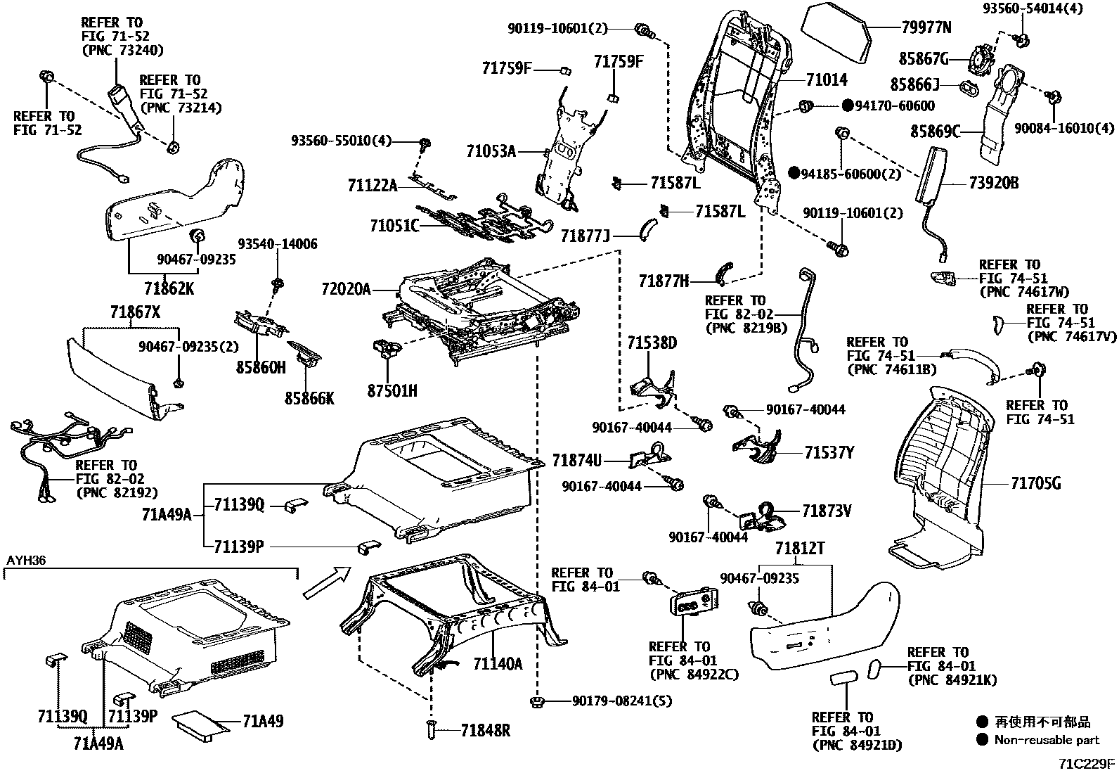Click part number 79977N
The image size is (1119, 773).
(x=926, y=28)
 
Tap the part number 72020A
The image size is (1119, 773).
(x=346, y=289)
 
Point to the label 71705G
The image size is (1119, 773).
(x=1035, y=483)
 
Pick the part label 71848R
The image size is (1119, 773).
(x=485, y=731)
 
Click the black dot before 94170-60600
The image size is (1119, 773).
(x=847, y=106)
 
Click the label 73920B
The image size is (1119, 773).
(x=994, y=184)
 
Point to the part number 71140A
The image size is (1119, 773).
(x=498, y=663)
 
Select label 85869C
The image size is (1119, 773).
(x=935, y=131)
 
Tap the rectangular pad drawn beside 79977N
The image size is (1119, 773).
(x=836, y=29)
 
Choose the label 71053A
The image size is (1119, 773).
(x=491, y=151)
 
